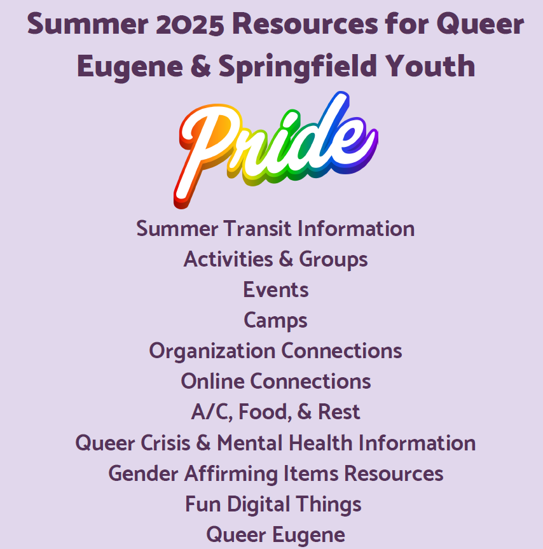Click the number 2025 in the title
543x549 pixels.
coord(190,24)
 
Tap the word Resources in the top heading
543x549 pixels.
coord(305,24)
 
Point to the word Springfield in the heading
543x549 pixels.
coord(298,67)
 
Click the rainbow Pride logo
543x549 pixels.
coord(276,150)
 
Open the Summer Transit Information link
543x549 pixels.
coord(275,228)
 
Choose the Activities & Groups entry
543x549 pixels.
coord(276,259)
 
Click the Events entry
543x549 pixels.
coord(276,289)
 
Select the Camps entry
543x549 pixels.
coord(275,321)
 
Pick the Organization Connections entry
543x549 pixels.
coord(275,351)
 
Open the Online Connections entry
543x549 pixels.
coord(276,381)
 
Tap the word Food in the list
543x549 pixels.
coord(265,412)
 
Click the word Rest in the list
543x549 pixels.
coord(339,412)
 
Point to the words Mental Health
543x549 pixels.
coord(284,443)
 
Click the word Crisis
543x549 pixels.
coord(165,443)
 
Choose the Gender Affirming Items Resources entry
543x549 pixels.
coord(276,473)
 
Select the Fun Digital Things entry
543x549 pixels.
coord(273,504)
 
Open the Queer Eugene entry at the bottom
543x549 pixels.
coord(276,535)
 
